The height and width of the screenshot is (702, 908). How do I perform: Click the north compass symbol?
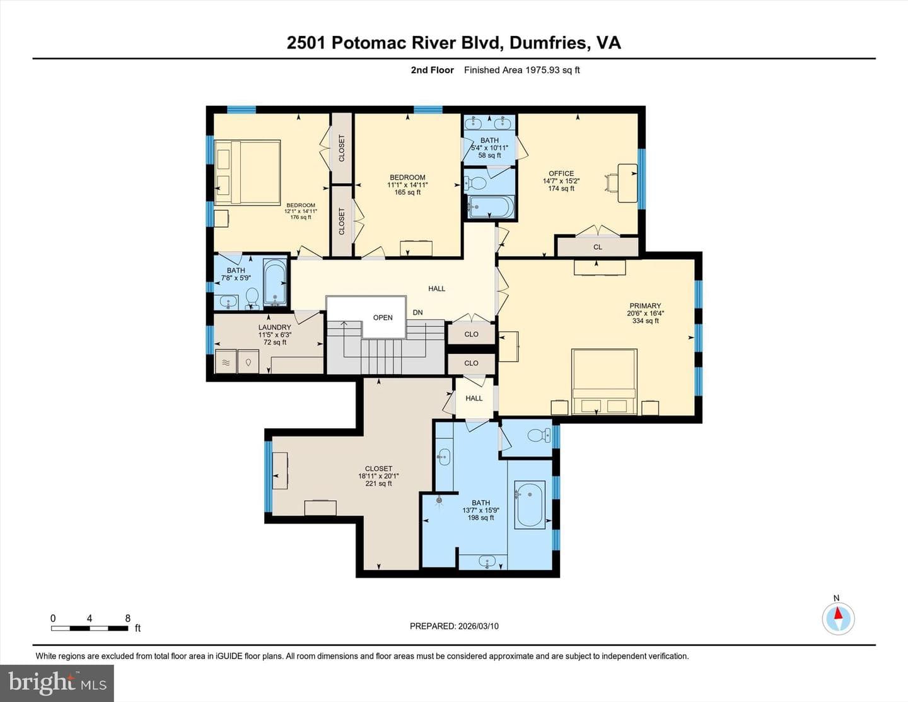pos(838,618)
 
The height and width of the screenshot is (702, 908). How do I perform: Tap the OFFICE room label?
pos(561,173)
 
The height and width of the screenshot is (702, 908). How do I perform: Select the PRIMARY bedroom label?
pos(645,306)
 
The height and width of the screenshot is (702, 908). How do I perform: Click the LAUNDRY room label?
pos(274,327)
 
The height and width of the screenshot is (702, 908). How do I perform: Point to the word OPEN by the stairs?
pos(383,318)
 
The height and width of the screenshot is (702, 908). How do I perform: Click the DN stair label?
pos(418,313)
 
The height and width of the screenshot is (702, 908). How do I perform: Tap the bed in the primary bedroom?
pos(604,382)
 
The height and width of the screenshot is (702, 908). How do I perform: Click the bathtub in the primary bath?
pos(530,505)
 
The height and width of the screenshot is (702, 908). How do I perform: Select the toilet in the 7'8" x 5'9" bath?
pos(252,298)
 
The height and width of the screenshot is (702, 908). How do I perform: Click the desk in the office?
pos(627,183)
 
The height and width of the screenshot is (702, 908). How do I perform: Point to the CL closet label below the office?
pos(598,247)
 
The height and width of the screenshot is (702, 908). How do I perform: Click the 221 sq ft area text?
pos(378,484)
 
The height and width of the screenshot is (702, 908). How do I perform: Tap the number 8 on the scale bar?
pos(128,618)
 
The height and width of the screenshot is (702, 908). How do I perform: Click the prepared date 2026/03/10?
pos(478,626)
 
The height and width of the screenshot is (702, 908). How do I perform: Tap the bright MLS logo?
pos(57,683)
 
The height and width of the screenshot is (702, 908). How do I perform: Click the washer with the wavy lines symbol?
pos(226,362)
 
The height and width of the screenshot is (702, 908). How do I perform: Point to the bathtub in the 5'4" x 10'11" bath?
pos(491,207)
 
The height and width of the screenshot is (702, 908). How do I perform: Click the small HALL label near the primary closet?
pos(474,398)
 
